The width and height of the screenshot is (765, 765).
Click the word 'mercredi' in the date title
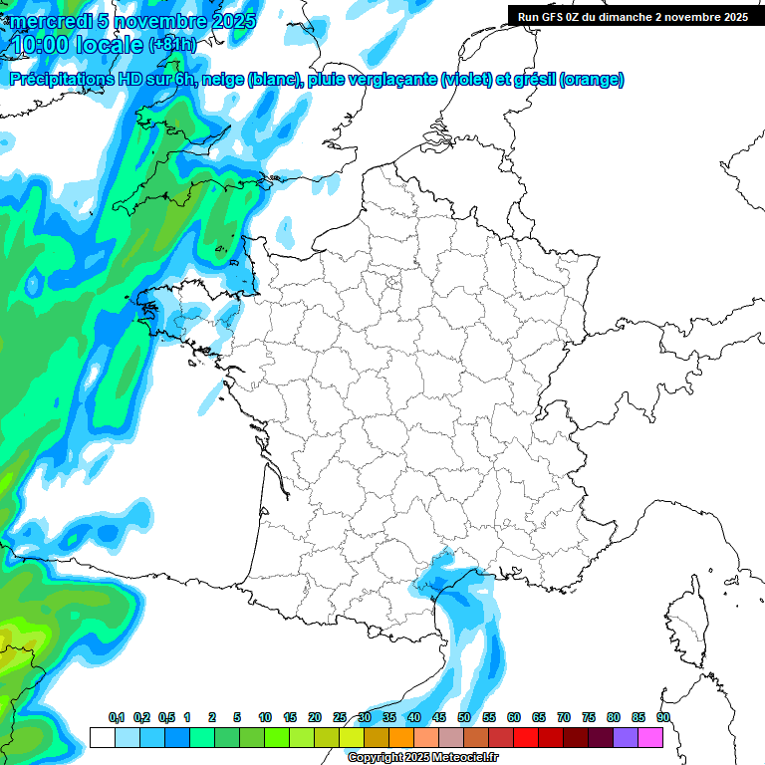[49, 20]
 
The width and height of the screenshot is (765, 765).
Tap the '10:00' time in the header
[39, 45]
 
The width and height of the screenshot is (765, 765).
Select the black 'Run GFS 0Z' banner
[633, 16]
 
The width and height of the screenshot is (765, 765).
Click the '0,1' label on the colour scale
[117, 717]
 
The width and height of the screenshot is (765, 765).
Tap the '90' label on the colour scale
[662, 717]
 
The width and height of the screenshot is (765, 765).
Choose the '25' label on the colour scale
[340, 717]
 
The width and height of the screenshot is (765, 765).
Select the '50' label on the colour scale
[464, 717]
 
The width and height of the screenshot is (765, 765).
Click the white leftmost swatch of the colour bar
[102, 737]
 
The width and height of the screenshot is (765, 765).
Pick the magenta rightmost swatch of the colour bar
[650, 737]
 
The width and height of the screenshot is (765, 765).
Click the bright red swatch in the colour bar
[526, 737]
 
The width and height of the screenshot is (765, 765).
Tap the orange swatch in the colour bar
[400, 737]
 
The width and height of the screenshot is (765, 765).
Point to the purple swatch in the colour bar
[626, 737]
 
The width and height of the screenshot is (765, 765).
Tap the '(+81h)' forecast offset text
[173, 45]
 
